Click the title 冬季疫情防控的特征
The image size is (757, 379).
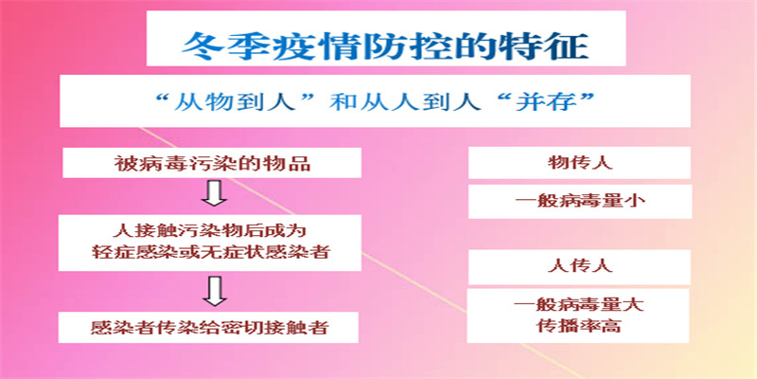(386, 45)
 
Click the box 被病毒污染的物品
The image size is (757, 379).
(212, 163)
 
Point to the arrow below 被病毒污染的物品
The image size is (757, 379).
(215, 193)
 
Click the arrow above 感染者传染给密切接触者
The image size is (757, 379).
(215, 292)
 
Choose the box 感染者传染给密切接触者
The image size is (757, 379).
(208, 327)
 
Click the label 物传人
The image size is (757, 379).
(579, 162)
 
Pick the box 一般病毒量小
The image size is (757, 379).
(580, 201)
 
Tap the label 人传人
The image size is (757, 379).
(579, 266)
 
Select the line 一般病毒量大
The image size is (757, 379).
(579, 305)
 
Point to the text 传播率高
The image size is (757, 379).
(579, 326)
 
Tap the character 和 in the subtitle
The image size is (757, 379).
(343, 102)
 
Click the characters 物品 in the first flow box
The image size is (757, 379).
(290, 163)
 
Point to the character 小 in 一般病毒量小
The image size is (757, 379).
(635, 201)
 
